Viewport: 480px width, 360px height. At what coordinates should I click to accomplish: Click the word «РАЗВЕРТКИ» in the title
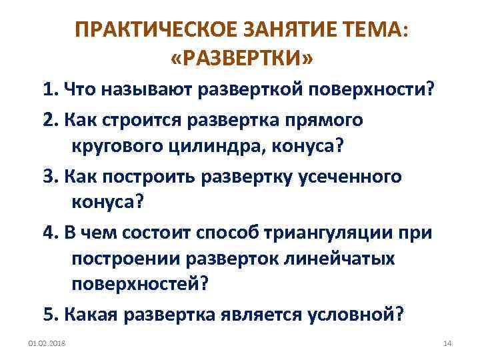tap(241, 59)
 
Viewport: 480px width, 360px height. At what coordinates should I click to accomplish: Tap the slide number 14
tap(447, 343)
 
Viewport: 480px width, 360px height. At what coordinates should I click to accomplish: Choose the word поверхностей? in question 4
tap(141, 283)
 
